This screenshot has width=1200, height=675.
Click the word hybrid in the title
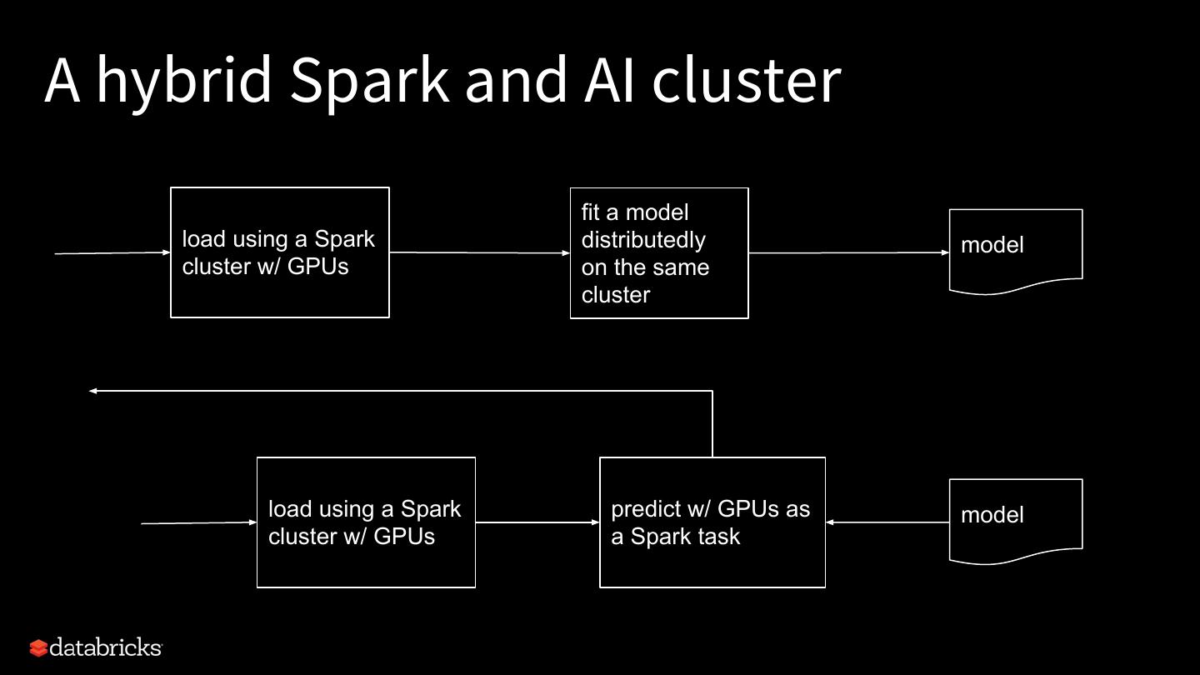[x=183, y=80]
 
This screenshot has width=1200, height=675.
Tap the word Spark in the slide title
[x=367, y=80]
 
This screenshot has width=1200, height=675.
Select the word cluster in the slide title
[x=746, y=80]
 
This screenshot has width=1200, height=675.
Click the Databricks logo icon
[x=38, y=647]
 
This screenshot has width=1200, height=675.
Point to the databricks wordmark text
[x=105, y=647]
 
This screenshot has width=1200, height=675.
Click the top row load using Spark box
[x=279, y=252]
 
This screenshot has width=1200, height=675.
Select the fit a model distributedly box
[x=659, y=252]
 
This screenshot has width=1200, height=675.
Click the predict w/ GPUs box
[x=712, y=522]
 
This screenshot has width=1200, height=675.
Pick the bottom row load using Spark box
[x=366, y=522]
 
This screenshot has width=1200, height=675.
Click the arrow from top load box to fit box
[x=479, y=252]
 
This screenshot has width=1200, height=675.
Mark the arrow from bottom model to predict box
[x=887, y=522]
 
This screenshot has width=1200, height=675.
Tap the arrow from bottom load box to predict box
[x=537, y=522]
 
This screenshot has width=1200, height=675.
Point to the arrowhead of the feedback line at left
[x=93, y=391]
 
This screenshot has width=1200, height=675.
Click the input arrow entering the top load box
[x=112, y=253]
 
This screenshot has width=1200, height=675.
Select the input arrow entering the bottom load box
[x=198, y=523]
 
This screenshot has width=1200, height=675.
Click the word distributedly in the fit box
[x=643, y=240]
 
